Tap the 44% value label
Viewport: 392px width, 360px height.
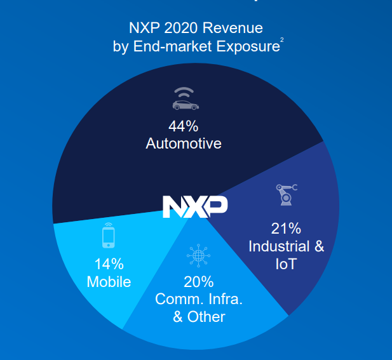pyautogui.click(x=184, y=125)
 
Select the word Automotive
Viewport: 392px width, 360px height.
pyautogui.click(x=184, y=143)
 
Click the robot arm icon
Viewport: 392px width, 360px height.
pyautogui.click(x=286, y=194)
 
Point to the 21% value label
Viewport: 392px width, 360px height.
pyautogui.click(x=286, y=228)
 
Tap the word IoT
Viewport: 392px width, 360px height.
pyautogui.click(x=286, y=263)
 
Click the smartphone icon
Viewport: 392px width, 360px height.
pyautogui.click(x=109, y=235)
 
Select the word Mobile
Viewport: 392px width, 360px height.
pyautogui.click(x=109, y=282)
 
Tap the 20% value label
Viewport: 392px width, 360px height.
pyautogui.click(x=199, y=281)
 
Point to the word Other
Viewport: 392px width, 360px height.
pyautogui.click(x=206, y=316)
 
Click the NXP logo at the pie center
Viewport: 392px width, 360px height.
pyautogui.click(x=195, y=207)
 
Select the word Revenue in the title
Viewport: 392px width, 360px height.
pyautogui.click(x=234, y=29)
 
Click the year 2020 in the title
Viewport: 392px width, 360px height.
pyautogui.click(x=181, y=29)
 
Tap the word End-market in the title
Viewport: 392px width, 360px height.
pyautogui.click(x=175, y=47)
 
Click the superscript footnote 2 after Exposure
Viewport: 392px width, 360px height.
pyautogui.click(x=282, y=41)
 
